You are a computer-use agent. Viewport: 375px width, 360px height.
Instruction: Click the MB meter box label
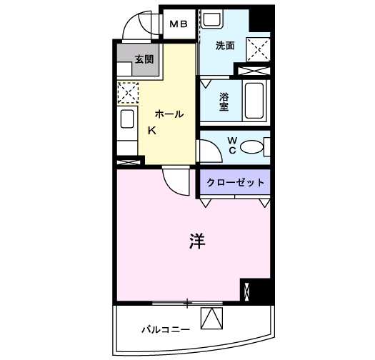tap(179, 24)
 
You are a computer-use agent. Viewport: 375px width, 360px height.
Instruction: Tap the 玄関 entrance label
tap(144, 60)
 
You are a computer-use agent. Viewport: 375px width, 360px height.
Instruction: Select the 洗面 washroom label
tap(226, 45)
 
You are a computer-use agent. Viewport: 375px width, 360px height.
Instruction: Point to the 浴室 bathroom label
tap(223, 101)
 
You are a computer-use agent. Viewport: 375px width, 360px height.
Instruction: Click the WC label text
tap(232, 145)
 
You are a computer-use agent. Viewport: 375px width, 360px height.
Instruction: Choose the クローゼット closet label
tap(235, 183)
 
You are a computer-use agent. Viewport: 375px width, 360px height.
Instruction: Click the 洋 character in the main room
tap(197, 242)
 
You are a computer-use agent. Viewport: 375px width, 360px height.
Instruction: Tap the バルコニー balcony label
tap(165, 329)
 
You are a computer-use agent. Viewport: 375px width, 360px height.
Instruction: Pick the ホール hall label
tap(169, 114)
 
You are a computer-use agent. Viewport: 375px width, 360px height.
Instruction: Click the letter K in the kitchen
tap(151, 131)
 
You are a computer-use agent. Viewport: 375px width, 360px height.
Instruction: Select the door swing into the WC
tap(208, 151)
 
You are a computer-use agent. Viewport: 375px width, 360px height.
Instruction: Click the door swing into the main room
tap(174, 179)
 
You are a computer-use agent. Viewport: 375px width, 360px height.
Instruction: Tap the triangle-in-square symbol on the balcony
tap(211, 319)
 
